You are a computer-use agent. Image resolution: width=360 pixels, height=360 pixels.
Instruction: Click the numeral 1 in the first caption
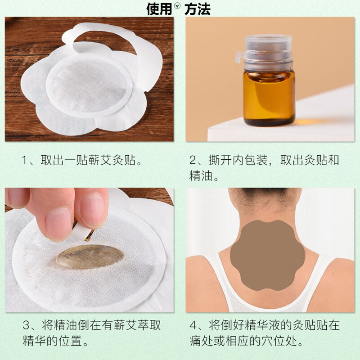[x=26, y=161]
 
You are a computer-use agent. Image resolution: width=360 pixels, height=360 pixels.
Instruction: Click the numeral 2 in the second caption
[x=193, y=161]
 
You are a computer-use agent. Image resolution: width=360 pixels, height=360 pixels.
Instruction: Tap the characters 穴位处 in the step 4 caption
[x=288, y=341]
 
